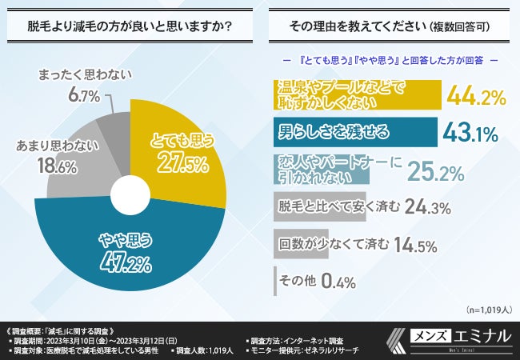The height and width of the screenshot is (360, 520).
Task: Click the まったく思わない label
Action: pyautogui.click(x=84, y=75)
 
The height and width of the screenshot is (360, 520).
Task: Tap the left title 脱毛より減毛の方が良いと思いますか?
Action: pyautogui.click(x=130, y=26)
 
